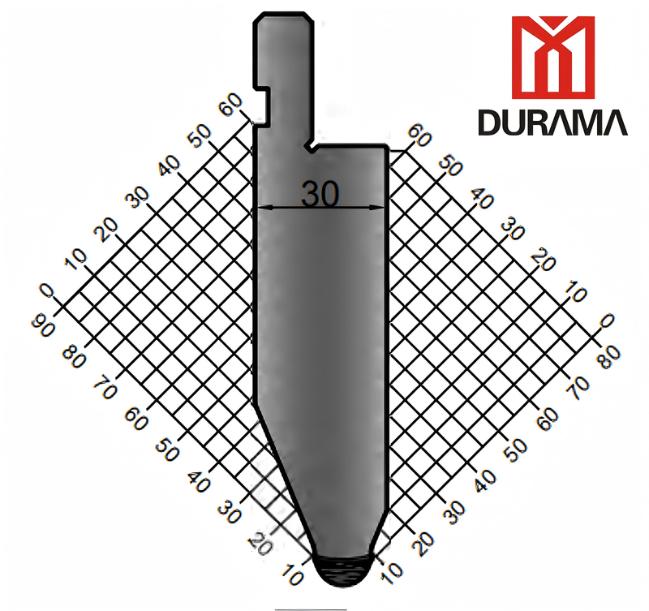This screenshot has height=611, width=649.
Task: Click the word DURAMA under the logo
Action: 552,122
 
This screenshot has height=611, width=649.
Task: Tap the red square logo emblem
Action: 552,53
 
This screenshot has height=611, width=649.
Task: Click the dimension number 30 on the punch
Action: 320,194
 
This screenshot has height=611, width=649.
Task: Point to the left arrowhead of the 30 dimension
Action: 261,209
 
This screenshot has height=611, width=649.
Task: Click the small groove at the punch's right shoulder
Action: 311,148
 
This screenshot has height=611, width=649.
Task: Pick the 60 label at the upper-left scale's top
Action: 230,105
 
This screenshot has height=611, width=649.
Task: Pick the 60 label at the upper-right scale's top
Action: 419,134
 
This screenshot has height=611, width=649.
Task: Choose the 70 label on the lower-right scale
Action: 578,388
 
